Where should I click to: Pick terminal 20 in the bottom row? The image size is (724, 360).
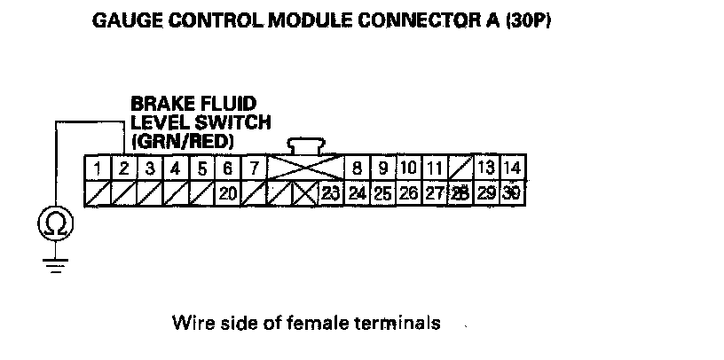point(227,193)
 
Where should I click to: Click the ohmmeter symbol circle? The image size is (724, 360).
point(55,225)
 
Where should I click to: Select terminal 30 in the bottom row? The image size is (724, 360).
point(512,193)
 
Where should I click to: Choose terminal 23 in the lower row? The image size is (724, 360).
point(331,193)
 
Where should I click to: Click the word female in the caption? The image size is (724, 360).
point(325,323)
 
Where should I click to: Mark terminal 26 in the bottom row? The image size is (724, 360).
point(408,193)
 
